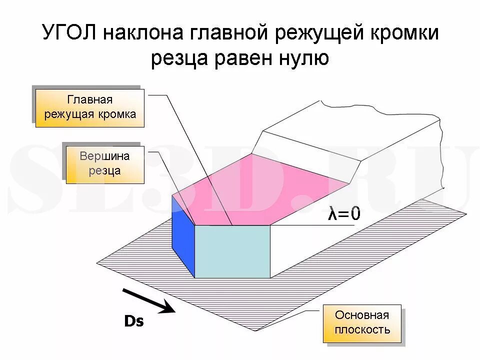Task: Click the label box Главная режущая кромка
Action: [x=90, y=107]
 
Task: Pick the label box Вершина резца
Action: [x=105, y=163]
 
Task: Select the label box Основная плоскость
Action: [x=362, y=322]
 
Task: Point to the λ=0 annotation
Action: [x=344, y=214]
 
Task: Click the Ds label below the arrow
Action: [x=133, y=321]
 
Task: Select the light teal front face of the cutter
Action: [x=232, y=251]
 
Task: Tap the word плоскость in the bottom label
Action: [x=362, y=330]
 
